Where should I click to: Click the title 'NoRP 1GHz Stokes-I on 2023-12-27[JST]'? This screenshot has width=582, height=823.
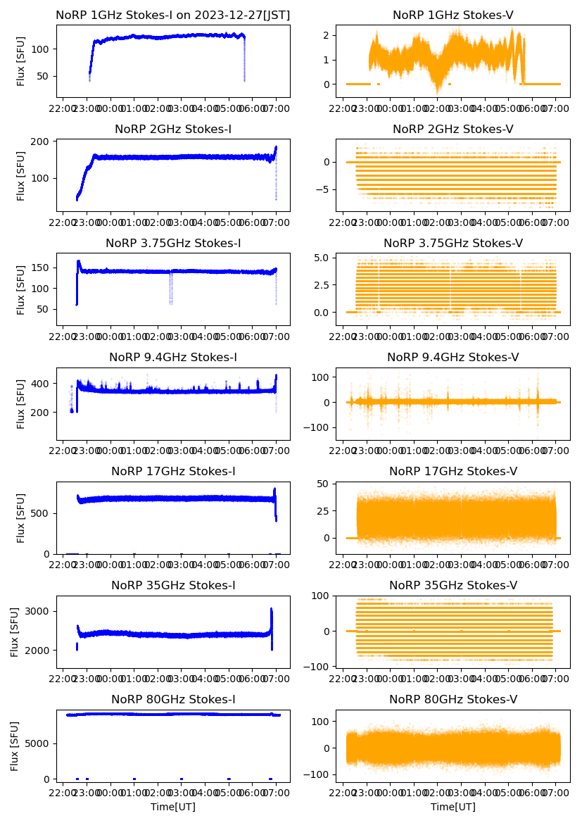[172, 15]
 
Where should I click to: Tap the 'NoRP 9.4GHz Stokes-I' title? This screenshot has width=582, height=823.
[172, 357]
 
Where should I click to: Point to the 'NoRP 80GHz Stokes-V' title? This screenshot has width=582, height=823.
[453, 699]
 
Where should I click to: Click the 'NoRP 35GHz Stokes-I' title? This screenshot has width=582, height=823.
[172, 585]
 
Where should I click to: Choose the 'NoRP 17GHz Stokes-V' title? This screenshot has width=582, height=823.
[453, 471]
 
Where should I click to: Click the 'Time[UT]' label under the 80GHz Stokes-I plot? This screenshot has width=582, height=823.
[172, 807]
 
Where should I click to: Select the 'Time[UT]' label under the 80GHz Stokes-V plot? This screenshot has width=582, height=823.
[453, 807]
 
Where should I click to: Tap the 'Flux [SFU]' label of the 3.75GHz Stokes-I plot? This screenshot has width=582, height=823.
[21, 289]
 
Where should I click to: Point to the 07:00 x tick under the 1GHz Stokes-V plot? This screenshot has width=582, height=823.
[555, 109]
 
